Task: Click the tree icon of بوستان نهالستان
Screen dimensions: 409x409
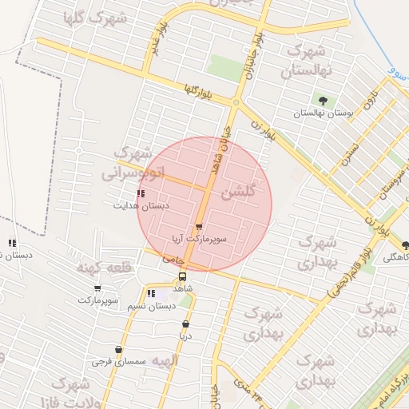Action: tap(323, 101)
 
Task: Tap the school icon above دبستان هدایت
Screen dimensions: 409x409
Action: tap(141, 193)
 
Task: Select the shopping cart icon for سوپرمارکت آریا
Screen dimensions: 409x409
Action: tap(199, 227)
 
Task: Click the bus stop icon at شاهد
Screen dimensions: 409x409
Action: tap(183, 276)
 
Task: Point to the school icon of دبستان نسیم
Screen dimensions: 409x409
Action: tap(151, 294)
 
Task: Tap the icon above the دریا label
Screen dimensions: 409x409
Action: tap(186, 324)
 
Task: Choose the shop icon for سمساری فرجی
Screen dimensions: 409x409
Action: tap(119, 350)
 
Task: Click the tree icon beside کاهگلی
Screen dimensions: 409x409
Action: tap(406, 245)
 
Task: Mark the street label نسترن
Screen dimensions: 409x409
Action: tap(347, 151)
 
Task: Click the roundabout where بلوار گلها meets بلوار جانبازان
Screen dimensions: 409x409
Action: tap(236, 102)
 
